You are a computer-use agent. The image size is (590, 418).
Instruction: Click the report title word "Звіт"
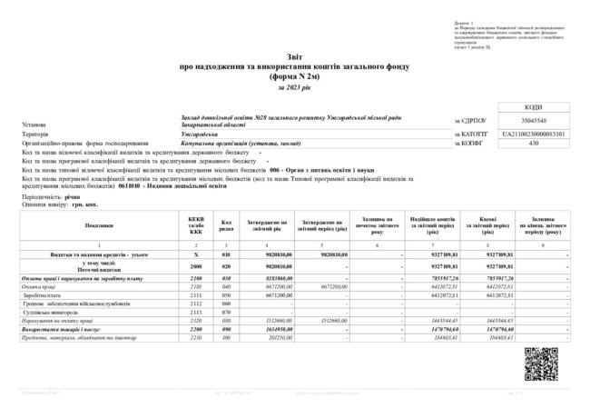295,56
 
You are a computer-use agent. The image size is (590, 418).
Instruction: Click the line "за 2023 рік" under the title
295,87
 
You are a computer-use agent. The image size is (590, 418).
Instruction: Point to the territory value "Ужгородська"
200,134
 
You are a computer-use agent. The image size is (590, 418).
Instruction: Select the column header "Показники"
101,224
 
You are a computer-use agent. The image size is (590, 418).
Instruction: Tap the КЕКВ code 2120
196,321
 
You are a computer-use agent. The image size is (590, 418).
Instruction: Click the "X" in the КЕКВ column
196,254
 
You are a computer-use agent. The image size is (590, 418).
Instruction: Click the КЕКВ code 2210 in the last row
196,338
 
